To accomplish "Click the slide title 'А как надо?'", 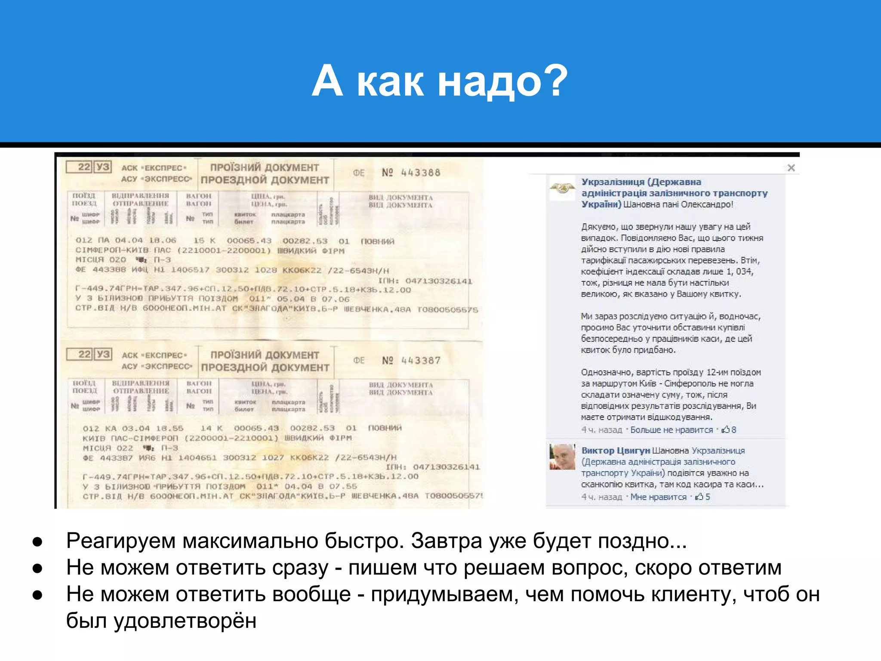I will [x=440, y=80].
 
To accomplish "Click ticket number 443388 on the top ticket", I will [x=420, y=173].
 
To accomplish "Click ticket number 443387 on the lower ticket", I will [x=420, y=360].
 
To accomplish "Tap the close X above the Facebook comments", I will [x=791, y=168].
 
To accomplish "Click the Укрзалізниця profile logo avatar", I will [x=562, y=188].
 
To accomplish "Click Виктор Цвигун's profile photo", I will [x=562, y=457].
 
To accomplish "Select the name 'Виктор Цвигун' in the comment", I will [x=615, y=451].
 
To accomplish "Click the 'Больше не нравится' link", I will [x=671, y=429].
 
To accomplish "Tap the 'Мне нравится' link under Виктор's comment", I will [x=658, y=497].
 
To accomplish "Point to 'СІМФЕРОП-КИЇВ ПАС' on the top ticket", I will [x=123, y=250].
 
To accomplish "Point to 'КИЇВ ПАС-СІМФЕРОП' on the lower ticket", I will [x=130, y=438].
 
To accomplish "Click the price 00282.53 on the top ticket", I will [x=305, y=241].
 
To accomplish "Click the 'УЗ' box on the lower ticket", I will [x=103, y=354].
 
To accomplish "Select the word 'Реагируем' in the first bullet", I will [x=121, y=541].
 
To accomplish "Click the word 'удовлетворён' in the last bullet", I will [x=185, y=621].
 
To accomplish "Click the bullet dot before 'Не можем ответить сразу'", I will [x=37, y=568].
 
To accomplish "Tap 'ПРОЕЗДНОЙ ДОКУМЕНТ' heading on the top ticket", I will [x=265, y=180].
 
